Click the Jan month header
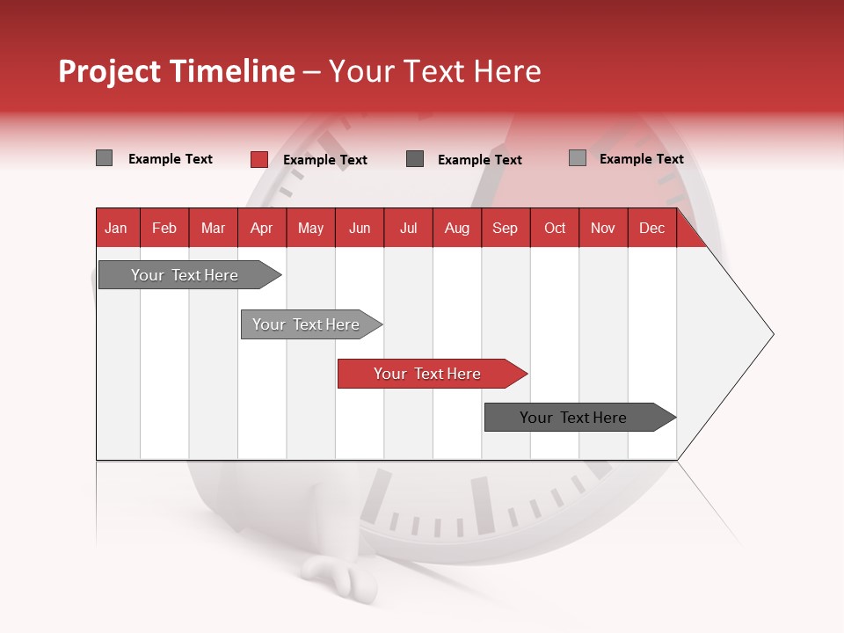tap(116, 228)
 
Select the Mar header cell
tap(213, 228)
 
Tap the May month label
tap(310, 228)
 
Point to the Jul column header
tap(408, 228)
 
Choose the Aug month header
tap(456, 228)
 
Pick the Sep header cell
tap(505, 228)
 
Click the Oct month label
tap(555, 228)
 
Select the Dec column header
tap(651, 228)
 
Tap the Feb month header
tap(164, 228)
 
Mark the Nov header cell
tap(603, 228)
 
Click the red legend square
tap(259, 159)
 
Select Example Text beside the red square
tap(324, 160)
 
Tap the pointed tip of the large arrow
tap(771, 334)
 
